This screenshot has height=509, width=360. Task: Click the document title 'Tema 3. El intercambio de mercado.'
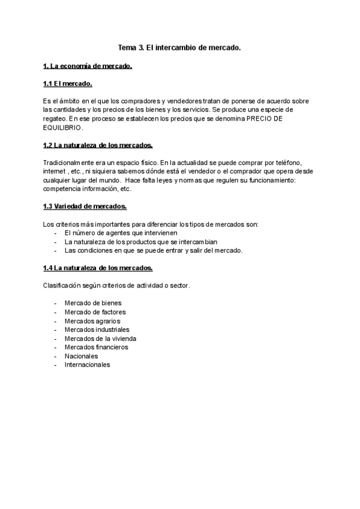179,47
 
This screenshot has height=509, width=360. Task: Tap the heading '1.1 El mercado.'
67,83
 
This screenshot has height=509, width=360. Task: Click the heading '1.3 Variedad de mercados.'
85,206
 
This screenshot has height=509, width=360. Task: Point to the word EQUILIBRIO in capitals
63,128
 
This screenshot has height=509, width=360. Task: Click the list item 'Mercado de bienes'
92,303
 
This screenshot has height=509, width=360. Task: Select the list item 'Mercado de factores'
95,312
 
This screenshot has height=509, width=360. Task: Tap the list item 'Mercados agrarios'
92,321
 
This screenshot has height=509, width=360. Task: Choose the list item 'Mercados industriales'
97,330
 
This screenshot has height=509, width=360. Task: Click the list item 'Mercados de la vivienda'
100,338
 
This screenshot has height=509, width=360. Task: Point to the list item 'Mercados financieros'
96,347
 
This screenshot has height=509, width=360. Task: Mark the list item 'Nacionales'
81,356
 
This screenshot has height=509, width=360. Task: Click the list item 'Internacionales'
87,364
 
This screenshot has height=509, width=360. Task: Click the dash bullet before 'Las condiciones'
56,250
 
